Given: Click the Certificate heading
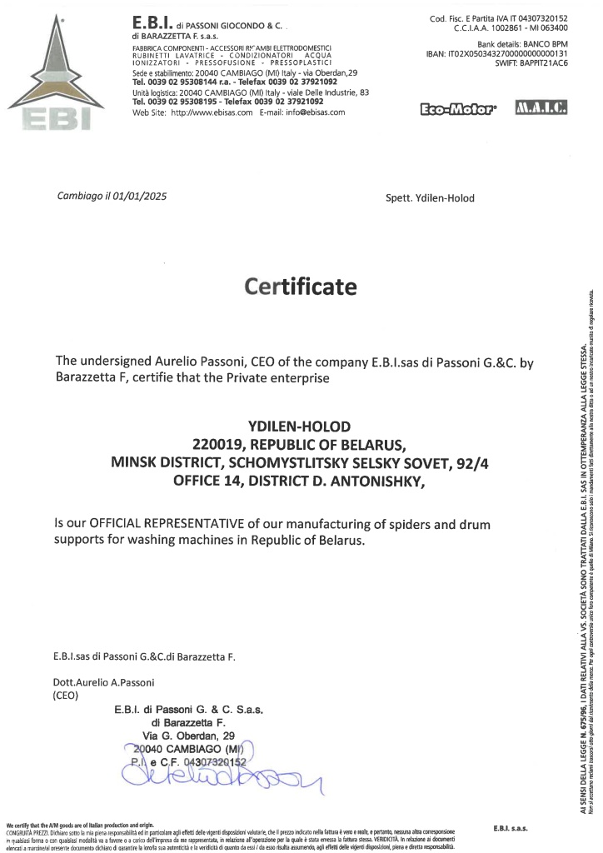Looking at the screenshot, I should pos(301,287).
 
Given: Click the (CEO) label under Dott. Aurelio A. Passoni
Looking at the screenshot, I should pos(64,694).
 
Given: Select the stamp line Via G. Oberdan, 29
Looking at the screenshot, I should pos(189,736).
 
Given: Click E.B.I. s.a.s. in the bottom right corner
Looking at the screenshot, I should pos(511,829).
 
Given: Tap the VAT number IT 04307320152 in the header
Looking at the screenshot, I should pos(531,17).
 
